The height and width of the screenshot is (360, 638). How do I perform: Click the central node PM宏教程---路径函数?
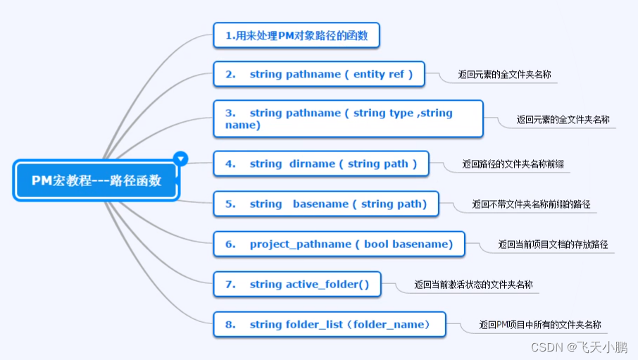point(96,180)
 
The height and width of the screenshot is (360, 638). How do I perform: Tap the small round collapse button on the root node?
point(181,159)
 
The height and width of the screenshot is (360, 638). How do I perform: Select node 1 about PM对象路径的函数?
point(296,35)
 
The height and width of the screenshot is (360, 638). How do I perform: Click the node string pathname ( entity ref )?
point(319,74)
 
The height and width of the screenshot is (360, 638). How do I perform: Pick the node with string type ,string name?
point(349,118)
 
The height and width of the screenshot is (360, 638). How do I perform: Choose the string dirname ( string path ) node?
point(320,163)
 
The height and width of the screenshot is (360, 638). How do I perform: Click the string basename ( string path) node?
point(325,204)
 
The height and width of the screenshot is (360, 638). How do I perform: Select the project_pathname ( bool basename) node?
point(339,244)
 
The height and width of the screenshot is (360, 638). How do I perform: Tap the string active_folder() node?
point(296,285)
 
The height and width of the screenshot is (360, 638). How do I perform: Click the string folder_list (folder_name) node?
point(330,324)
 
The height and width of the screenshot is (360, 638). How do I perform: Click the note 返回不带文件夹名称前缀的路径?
point(531,204)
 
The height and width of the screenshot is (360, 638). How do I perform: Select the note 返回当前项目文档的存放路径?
point(553,244)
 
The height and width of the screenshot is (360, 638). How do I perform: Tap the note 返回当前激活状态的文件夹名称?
point(473,285)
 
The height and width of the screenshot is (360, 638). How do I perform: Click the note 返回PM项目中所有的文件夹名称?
point(540,325)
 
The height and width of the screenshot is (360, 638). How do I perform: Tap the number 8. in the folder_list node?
point(230,324)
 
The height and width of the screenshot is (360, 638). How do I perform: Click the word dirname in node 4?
point(312,163)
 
